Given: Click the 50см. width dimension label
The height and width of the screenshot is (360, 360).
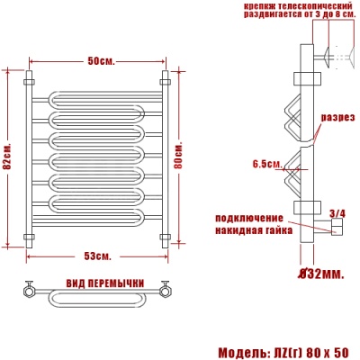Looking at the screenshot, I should click(99, 60).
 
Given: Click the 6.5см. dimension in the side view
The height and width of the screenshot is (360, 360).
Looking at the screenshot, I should click(267, 164).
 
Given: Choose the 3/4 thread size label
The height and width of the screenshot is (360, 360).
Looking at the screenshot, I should click(337, 213).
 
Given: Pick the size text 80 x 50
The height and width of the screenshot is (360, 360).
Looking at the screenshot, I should click(326, 350).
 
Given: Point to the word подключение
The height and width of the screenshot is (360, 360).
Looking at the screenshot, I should click(249, 218).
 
